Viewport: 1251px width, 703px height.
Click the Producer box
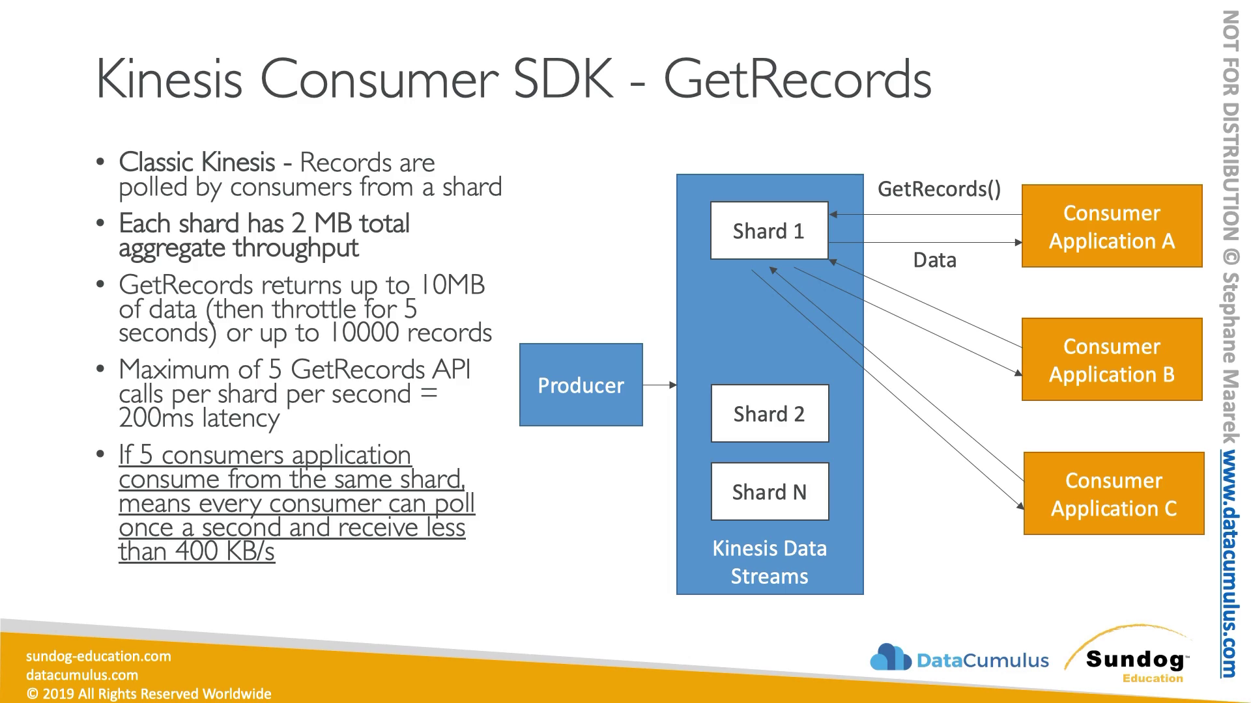tap(581, 385)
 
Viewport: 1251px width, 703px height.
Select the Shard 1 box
tap(769, 230)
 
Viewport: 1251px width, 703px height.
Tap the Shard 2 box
tap(769, 413)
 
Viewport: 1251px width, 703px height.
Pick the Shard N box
tap(769, 491)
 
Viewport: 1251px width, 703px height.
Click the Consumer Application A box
tap(1112, 226)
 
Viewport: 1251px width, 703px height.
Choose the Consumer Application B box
tap(1112, 359)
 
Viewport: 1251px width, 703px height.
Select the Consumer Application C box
tap(1114, 493)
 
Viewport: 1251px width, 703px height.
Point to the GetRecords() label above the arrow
tap(939, 189)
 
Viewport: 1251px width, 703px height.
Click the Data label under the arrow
tap(934, 260)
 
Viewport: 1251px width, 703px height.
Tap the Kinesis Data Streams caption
tap(769, 562)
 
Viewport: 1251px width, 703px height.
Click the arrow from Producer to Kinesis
tap(659, 385)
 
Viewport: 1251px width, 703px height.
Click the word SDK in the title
tap(564, 79)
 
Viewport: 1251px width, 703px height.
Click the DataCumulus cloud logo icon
tap(890, 657)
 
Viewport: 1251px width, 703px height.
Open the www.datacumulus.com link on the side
tap(1229, 563)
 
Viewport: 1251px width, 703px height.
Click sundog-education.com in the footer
tap(98, 656)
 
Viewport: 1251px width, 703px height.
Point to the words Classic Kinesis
tap(197, 162)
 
